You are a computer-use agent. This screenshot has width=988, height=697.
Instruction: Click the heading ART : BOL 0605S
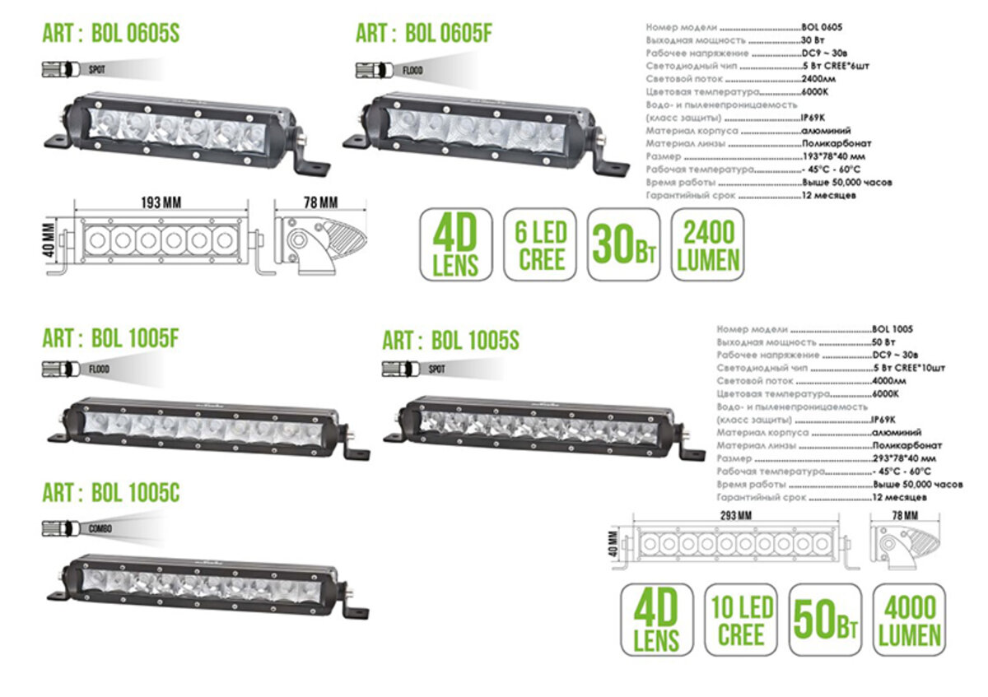pos(110,34)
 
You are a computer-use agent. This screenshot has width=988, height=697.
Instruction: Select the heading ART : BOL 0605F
pos(424,34)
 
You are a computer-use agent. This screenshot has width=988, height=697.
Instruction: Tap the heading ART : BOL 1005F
pos(110,337)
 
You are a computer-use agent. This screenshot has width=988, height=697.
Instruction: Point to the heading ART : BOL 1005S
pos(450,339)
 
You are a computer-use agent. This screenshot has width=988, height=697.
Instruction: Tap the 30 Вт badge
pos(624,244)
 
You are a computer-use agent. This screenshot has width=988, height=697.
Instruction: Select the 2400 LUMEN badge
pos(708,244)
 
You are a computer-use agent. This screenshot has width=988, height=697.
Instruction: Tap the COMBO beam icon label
pos(99,528)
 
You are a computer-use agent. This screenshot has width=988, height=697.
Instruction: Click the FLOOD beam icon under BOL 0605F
pos(412,70)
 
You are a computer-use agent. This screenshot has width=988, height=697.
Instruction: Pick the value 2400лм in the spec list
pos(819,79)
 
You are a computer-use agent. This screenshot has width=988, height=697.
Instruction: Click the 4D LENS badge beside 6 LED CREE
pos(456,244)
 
